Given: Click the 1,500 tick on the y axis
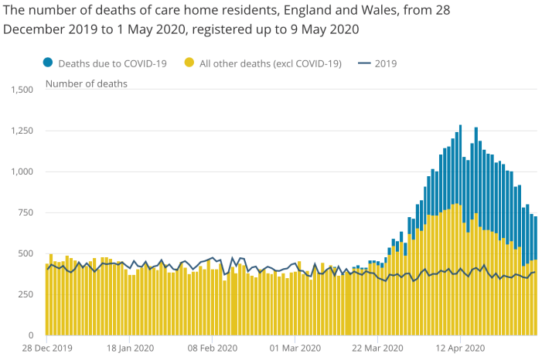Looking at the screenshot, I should [x=20, y=90].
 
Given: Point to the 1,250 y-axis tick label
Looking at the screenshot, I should [x=20, y=131].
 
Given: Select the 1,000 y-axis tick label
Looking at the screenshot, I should [x=20, y=172].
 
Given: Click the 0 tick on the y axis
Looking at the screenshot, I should [x=32, y=335].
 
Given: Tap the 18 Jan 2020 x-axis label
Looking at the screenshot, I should [x=129, y=349].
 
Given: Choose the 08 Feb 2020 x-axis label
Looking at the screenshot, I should [x=212, y=349].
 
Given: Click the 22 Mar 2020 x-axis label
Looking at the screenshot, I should [x=377, y=349].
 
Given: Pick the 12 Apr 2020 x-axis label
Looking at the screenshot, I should [x=460, y=349].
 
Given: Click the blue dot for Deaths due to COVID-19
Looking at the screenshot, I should [x=48, y=63].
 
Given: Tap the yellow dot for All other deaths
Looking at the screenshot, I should [x=189, y=63].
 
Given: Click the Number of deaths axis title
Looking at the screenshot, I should [x=87, y=83].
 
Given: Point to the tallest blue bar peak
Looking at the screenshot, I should [x=460, y=127].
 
